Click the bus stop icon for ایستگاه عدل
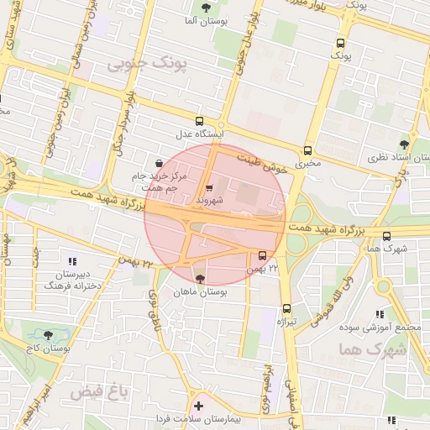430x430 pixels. tap(199, 120)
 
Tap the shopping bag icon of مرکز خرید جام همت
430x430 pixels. tap(160, 162)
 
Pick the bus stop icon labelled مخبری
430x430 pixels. tap(308, 150)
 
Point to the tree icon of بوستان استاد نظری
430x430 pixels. tap(404, 144)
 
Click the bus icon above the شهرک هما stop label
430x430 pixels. tap(386, 236)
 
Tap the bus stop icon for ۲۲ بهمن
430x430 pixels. tap(263, 255)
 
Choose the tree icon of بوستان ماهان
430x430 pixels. tap(200, 279)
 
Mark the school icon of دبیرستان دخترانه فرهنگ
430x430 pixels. tap(71, 261)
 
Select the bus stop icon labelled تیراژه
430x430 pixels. tap(287, 308)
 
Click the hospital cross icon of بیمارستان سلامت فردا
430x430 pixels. tap(198, 406)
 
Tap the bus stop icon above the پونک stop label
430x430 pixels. tap(340, 43)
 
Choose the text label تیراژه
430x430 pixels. tap(287, 322)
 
